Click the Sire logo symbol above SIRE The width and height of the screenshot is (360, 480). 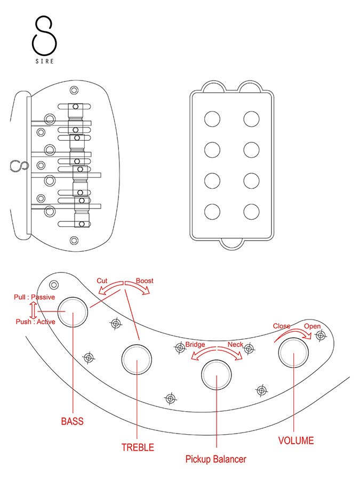pyautogui.click(x=45, y=35)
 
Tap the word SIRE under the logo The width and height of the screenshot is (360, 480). pyautogui.click(x=45, y=61)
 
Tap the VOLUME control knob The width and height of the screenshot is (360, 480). pyautogui.click(x=294, y=353)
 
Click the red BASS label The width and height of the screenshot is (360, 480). pyautogui.click(x=73, y=421)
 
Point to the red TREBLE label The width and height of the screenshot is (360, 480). pyautogui.click(x=138, y=447)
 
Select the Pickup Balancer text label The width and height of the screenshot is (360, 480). pyautogui.click(x=215, y=459)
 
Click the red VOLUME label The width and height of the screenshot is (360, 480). pyautogui.click(x=296, y=441)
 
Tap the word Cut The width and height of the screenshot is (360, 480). pyautogui.click(x=102, y=281)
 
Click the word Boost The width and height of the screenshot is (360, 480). pyautogui.click(x=145, y=281)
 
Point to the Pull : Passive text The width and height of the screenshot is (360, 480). pyautogui.click(x=34, y=297)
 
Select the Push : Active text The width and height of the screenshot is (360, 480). pyautogui.click(x=35, y=322)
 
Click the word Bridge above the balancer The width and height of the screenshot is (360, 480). pyautogui.click(x=195, y=345)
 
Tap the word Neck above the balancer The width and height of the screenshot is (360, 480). pyautogui.click(x=235, y=345)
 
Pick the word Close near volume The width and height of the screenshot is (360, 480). pyautogui.click(x=282, y=326)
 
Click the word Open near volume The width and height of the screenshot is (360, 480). pyautogui.click(x=313, y=326)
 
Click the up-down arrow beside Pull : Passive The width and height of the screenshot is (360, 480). pyautogui.click(x=33, y=309)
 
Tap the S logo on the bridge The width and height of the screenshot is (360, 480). pyautogui.click(x=17, y=166)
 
